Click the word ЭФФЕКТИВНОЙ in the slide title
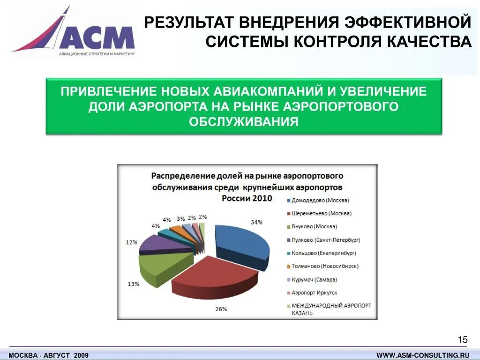tap(407, 22)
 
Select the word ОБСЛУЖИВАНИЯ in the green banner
tap(244, 122)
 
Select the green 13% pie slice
tap(157, 270)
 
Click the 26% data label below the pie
tap(221, 309)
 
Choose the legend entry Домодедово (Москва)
tap(320, 200)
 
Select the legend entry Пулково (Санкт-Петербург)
tap(326, 240)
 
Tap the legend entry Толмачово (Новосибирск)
tap(325, 266)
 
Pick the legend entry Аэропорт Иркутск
tap(315, 292)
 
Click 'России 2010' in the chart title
tap(247, 198)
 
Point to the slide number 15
tap(462, 340)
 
